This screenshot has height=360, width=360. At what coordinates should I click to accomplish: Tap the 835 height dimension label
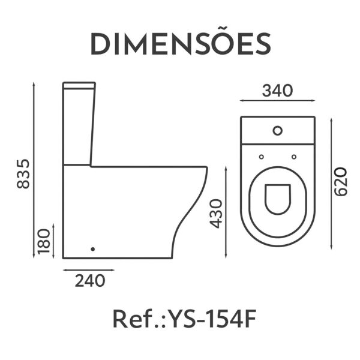tap(23, 174)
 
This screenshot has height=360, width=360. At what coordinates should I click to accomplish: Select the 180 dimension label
tap(44, 241)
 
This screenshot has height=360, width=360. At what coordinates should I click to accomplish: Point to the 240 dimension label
tap(90, 281)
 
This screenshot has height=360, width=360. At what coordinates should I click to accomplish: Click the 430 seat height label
tap(217, 214)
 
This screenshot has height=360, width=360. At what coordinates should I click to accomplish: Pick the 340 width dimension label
tap(278, 91)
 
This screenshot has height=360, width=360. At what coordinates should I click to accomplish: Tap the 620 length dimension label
tap(340, 182)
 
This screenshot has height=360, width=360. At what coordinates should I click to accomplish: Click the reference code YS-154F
tap(212, 319)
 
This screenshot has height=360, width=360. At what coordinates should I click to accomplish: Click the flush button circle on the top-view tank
tap(278, 131)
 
